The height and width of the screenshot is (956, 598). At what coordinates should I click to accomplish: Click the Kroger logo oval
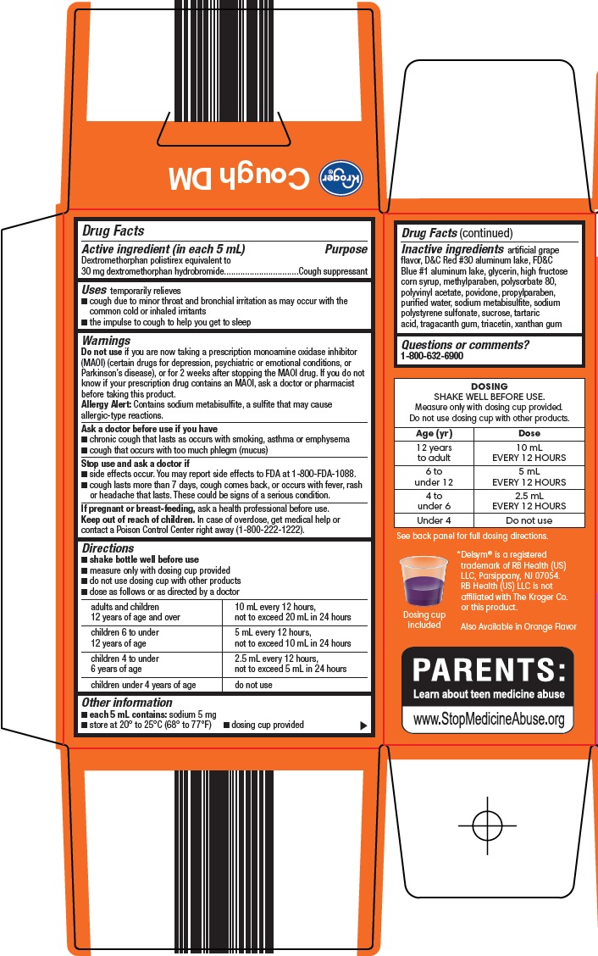click(340, 178)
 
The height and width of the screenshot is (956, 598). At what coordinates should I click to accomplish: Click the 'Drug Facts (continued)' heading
click(457, 232)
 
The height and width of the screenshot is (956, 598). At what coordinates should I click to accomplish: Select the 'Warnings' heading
click(106, 340)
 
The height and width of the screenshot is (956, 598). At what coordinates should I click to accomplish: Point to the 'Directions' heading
click(108, 548)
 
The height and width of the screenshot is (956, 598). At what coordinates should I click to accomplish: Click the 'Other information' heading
click(126, 702)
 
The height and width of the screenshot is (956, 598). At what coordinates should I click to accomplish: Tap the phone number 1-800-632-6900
click(432, 357)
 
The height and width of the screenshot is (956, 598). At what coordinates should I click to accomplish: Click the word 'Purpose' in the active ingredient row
click(346, 249)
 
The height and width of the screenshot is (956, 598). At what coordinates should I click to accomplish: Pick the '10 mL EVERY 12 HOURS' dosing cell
click(529, 453)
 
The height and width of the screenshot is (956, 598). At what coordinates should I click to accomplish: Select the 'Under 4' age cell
click(434, 520)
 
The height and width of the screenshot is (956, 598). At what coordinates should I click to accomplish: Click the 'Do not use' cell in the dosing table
click(529, 520)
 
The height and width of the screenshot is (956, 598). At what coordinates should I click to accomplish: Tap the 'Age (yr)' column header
click(434, 433)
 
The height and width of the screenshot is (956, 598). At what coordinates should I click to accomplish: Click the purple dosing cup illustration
click(424, 582)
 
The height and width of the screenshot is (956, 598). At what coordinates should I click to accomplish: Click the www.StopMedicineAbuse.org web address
click(488, 719)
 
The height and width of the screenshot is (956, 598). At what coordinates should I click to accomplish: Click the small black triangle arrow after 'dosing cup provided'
click(363, 725)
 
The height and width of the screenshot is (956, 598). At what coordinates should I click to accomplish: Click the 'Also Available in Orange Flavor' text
click(518, 626)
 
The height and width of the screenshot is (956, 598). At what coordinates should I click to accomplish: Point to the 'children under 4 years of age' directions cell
click(143, 685)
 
